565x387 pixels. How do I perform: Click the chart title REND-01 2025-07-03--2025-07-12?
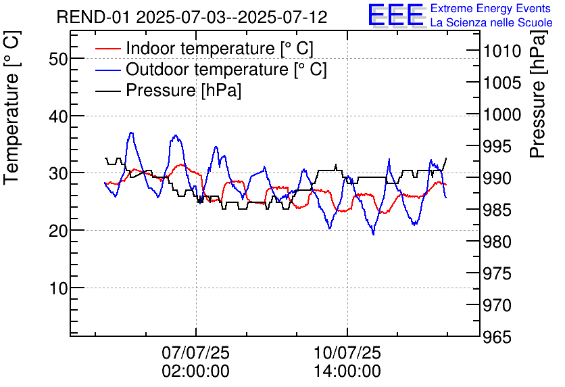coord(192,17)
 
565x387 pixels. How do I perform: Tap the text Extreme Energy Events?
coord(491,9)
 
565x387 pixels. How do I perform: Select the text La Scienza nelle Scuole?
coord(491,23)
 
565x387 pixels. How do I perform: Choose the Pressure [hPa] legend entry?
coord(183,91)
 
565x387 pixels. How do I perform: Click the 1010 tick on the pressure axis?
coord(501,51)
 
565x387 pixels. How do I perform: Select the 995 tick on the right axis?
coord(501,147)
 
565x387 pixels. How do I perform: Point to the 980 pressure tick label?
coord(501,242)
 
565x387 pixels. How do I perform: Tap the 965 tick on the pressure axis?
coord(501,337)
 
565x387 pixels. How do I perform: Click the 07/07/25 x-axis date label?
coord(195,353)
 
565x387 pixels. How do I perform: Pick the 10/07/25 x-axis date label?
coord(347,353)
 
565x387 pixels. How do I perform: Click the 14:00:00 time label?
coord(347,371)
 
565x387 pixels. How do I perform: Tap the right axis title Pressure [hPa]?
coord(538,108)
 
